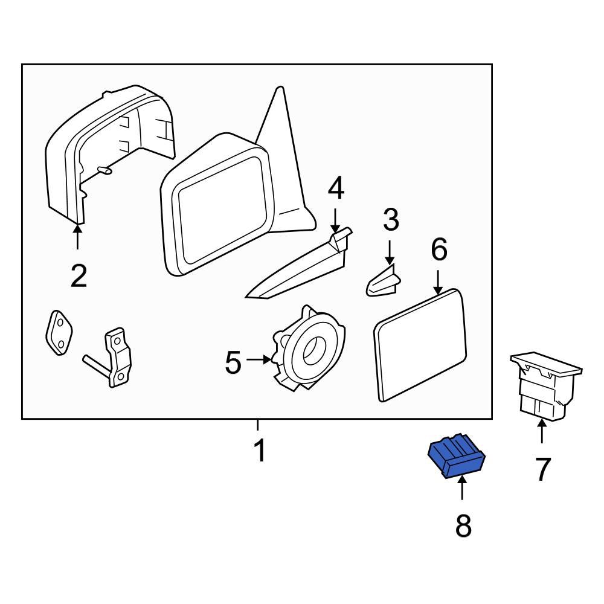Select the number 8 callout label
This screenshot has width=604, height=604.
(463, 527)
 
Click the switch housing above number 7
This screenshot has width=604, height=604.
(545, 387)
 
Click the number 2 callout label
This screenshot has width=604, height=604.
(79, 276)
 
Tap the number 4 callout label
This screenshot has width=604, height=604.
(336, 189)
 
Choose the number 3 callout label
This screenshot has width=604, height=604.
(391, 220)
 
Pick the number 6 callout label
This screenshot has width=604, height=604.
(439, 249)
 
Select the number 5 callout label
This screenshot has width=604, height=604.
(233, 362)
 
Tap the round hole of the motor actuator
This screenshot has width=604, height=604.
(314, 349)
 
